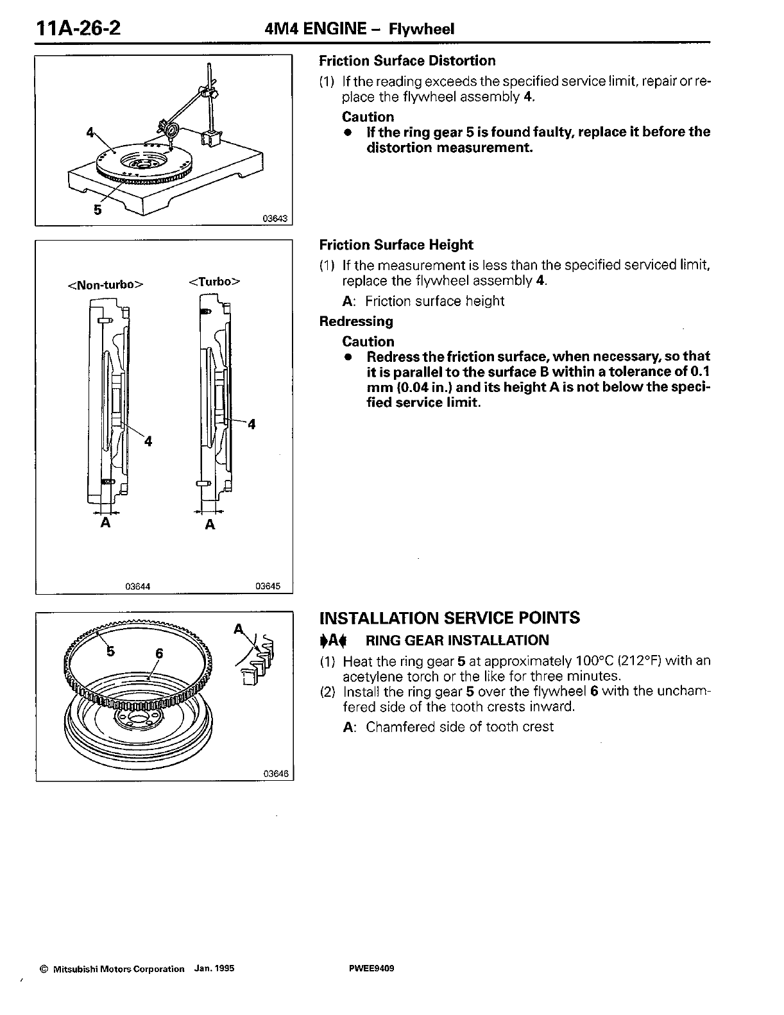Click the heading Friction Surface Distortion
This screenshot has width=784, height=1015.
click(x=407, y=61)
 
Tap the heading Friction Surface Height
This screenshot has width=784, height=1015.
click(x=396, y=245)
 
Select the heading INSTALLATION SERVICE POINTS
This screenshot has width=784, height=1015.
click(x=449, y=618)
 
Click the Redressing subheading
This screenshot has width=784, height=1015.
click(x=356, y=321)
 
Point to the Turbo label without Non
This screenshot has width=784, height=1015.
click(x=214, y=282)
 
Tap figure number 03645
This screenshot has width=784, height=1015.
click(x=268, y=586)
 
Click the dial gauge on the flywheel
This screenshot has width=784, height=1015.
click(x=173, y=130)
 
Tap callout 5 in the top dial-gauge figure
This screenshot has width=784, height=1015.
click(x=98, y=209)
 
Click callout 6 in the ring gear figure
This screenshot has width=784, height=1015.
click(x=159, y=653)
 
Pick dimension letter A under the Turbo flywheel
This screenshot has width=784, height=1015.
click(x=209, y=525)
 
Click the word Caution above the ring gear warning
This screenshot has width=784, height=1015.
click(x=368, y=117)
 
